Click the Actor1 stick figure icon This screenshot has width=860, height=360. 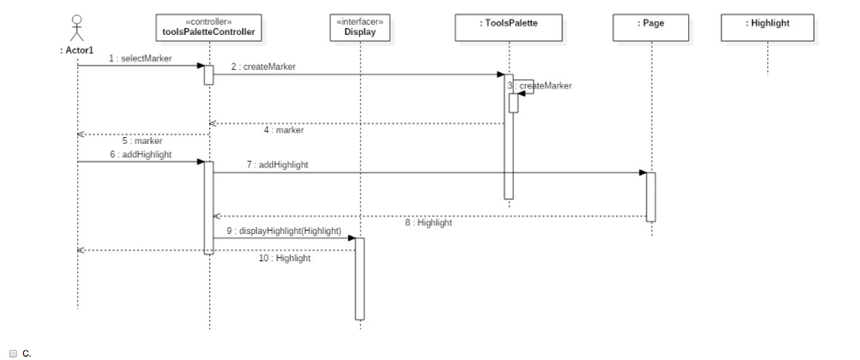pos(77,27)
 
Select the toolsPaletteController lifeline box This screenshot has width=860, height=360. pos(208,27)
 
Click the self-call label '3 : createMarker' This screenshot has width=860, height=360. pos(539,85)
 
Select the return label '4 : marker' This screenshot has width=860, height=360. pos(283,130)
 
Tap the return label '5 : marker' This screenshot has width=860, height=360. pos(141,140)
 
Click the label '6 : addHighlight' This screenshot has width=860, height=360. pos(140,154)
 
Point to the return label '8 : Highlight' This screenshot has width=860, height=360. pos(428,223)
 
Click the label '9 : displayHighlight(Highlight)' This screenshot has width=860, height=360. pos(283,231)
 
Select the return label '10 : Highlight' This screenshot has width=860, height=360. pos(284,258)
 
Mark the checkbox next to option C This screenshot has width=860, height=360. pos(14,352)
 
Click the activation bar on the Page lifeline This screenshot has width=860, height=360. pos(651,196)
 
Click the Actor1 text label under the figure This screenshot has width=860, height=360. pos(77,50)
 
